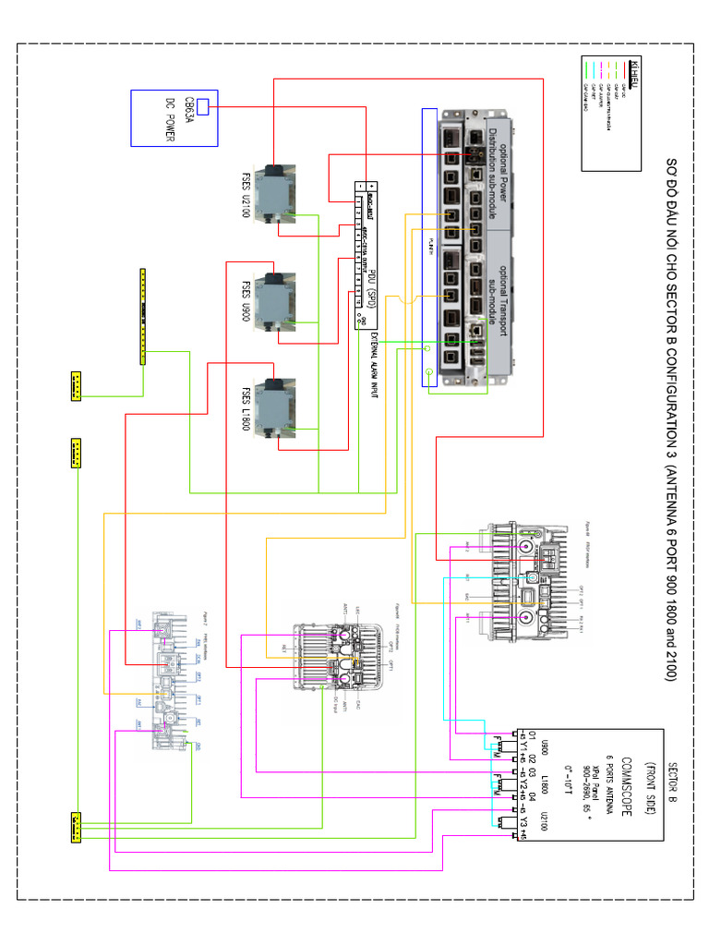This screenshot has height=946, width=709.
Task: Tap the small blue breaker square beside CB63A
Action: [203, 107]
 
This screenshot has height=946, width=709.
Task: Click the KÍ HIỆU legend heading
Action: [634, 70]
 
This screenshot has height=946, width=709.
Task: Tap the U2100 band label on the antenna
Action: [545, 819]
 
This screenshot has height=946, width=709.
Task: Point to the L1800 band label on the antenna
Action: [545, 781]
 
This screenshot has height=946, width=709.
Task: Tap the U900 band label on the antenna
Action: [545, 745]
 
